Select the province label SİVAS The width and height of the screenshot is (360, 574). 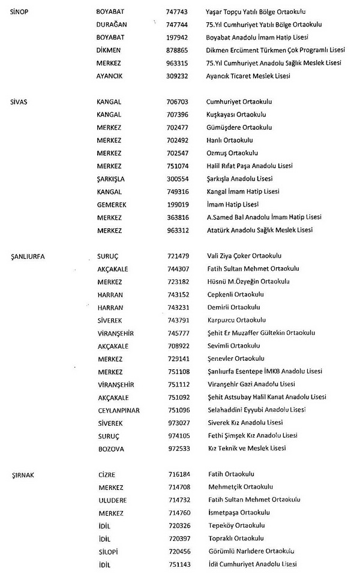coord(19,101)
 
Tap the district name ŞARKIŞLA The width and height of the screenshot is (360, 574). coord(112,179)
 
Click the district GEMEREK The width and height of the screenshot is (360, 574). coord(112,205)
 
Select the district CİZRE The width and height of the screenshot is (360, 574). coord(107,474)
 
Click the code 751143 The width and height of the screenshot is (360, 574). coord(179,564)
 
